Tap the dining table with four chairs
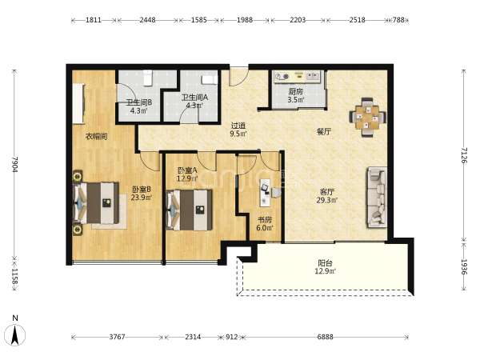point(367,117)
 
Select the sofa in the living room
point(377,198)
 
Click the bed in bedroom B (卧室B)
point(96,202)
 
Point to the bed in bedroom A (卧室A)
point(189,210)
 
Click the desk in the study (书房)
point(265,192)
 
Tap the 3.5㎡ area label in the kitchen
point(296,99)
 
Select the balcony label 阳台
point(325,262)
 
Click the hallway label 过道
point(238,126)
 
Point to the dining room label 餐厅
point(324,132)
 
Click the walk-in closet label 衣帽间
point(96,137)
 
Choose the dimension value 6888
point(325,337)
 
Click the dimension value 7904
point(14,164)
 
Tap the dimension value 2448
point(147,20)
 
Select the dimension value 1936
point(464,266)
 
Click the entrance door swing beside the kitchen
point(239,76)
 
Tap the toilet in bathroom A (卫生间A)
point(209,79)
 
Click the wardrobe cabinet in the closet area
point(78,103)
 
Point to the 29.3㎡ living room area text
point(327,201)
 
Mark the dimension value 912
point(232,337)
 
